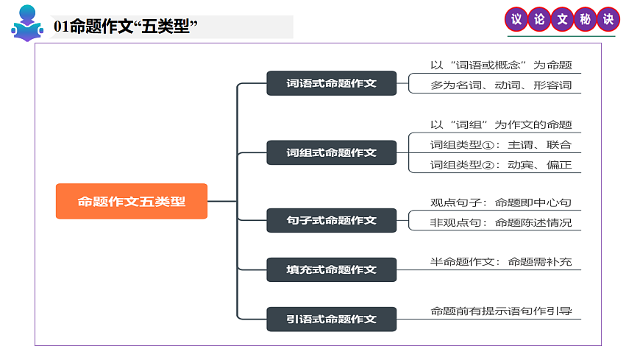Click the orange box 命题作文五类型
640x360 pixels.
pyautogui.click(x=132, y=201)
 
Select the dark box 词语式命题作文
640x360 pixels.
pyautogui.click(x=331, y=83)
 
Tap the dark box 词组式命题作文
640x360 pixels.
pyautogui.click(x=331, y=152)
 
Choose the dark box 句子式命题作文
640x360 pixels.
pyautogui.click(x=331, y=219)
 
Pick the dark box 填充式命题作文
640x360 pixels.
pyautogui.click(x=331, y=269)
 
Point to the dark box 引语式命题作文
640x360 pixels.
pyautogui.click(x=331, y=319)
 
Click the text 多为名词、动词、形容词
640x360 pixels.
pyautogui.click(x=501, y=85)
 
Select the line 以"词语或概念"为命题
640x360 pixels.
pyautogui.click(x=501, y=65)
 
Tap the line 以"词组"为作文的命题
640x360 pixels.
pyautogui.click(x=501, y=124)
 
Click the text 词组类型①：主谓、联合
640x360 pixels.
pyautogui.click(x=501, y=144)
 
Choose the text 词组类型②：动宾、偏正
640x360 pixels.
pyautogui.click(x=501, y=164)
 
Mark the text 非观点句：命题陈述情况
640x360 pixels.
pyautogui.click(x=501, y=222)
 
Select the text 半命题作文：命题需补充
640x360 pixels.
pyautogui.click(x=501, y=261)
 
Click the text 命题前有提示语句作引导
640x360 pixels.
pyautogui.click(x=501, y=311)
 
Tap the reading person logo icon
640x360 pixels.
pyautogui.click(x=26, y=24)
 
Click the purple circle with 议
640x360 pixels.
pyautogui.click(x=516, y=20)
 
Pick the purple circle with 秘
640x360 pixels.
pyautogui.click(x=585, y=20)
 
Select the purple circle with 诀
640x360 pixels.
pyautogui.click(x=608, y=20)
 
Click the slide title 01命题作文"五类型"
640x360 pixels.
pyautogui.click(x=127, y=27)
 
